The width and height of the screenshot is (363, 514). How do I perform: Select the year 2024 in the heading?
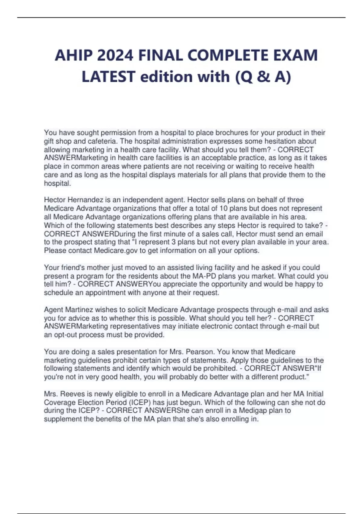coord(116,55)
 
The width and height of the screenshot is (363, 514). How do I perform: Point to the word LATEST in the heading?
coord(108,76)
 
